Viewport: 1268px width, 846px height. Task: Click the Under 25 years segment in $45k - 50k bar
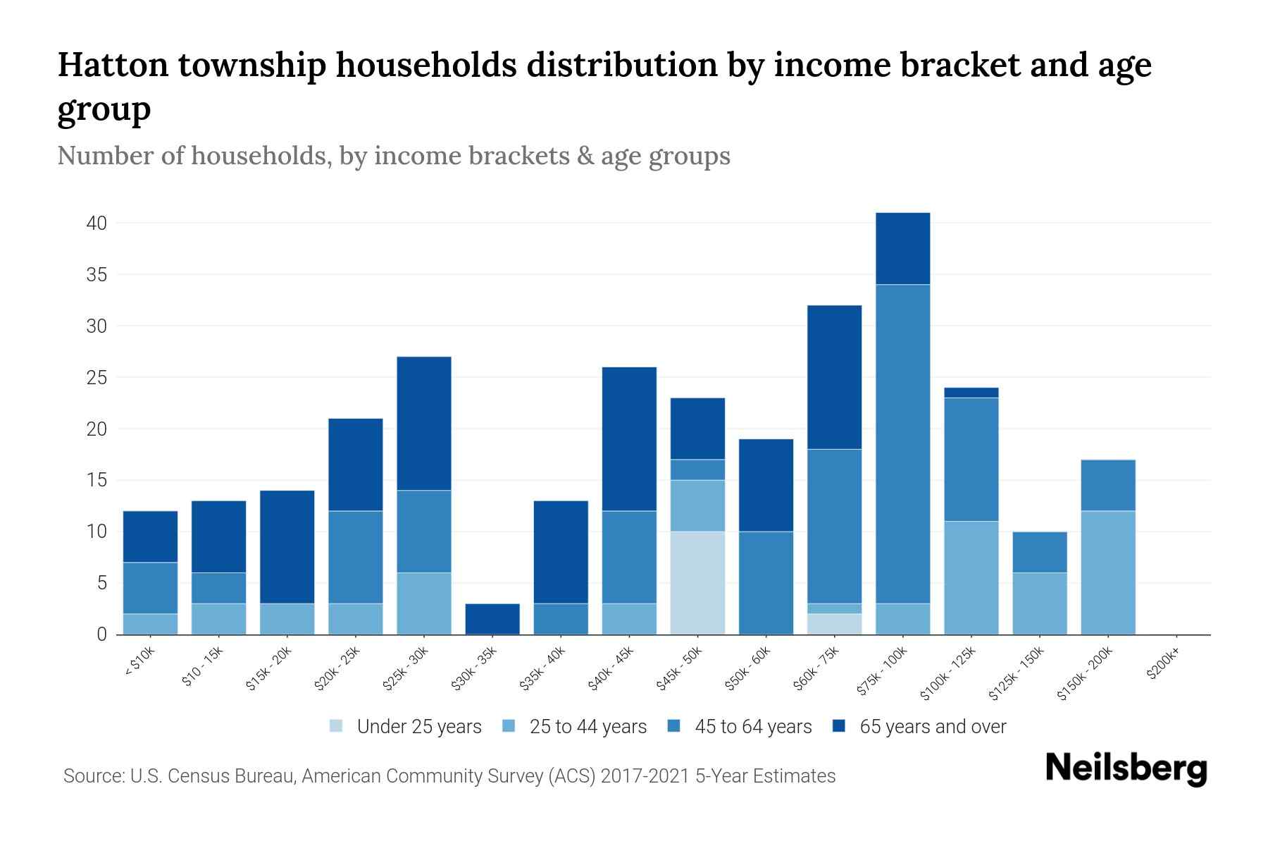697,582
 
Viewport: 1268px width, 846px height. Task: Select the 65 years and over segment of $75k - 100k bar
902,248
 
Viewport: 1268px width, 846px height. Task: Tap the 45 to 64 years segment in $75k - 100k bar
902,443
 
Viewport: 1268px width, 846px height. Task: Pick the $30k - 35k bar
492,619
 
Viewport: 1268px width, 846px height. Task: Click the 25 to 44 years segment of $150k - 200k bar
1108,572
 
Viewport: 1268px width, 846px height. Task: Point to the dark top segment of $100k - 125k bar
971,393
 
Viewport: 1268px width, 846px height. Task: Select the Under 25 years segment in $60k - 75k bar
834,624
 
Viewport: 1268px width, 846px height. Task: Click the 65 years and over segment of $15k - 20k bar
287,546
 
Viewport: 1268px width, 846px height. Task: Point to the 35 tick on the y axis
97,275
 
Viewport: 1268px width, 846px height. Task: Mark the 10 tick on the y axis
97,532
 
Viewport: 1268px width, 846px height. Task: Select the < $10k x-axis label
140,663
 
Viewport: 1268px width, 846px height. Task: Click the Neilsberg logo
1126,768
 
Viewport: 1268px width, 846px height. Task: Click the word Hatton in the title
112,65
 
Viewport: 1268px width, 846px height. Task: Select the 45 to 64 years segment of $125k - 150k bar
1040,552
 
